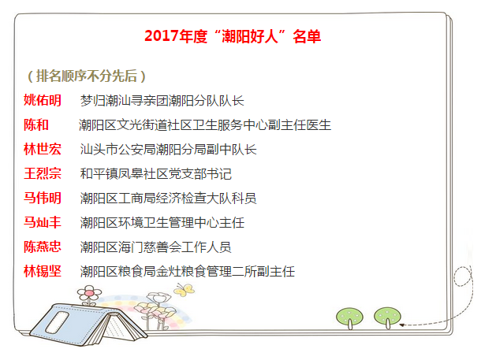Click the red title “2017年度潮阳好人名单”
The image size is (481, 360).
(x=233, y=36)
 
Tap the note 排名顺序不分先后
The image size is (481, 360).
(x=87, y=76)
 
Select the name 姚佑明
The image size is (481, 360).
(x=43, y=100)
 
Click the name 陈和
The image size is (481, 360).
(x=36, y=124)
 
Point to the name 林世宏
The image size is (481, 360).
(x=43, y=149)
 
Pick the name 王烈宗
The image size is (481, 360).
(x=43, y=173)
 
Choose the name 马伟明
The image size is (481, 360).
(x=43, y=198)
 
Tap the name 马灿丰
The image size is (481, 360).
(x=43, y=222)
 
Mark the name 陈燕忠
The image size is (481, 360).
(x=43, y=247)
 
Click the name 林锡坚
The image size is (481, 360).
(x=43, y=271)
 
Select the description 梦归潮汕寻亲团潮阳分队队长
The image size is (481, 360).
(x=162, y=101)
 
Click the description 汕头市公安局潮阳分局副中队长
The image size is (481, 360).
(x=168, y=150)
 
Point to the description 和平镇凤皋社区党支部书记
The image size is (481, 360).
(x=155, y=174)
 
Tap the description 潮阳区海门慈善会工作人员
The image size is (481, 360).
(x=155, y=247)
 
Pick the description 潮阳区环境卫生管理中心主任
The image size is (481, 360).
(x=162, y=223)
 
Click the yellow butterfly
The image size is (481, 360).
(x=184, y=290)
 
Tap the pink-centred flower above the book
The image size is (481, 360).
(x=89, y=293)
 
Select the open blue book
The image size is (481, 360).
(x=88, y=324)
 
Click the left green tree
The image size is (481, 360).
(x=349, y=317)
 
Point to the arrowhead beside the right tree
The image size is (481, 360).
(x=401, y=325)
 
